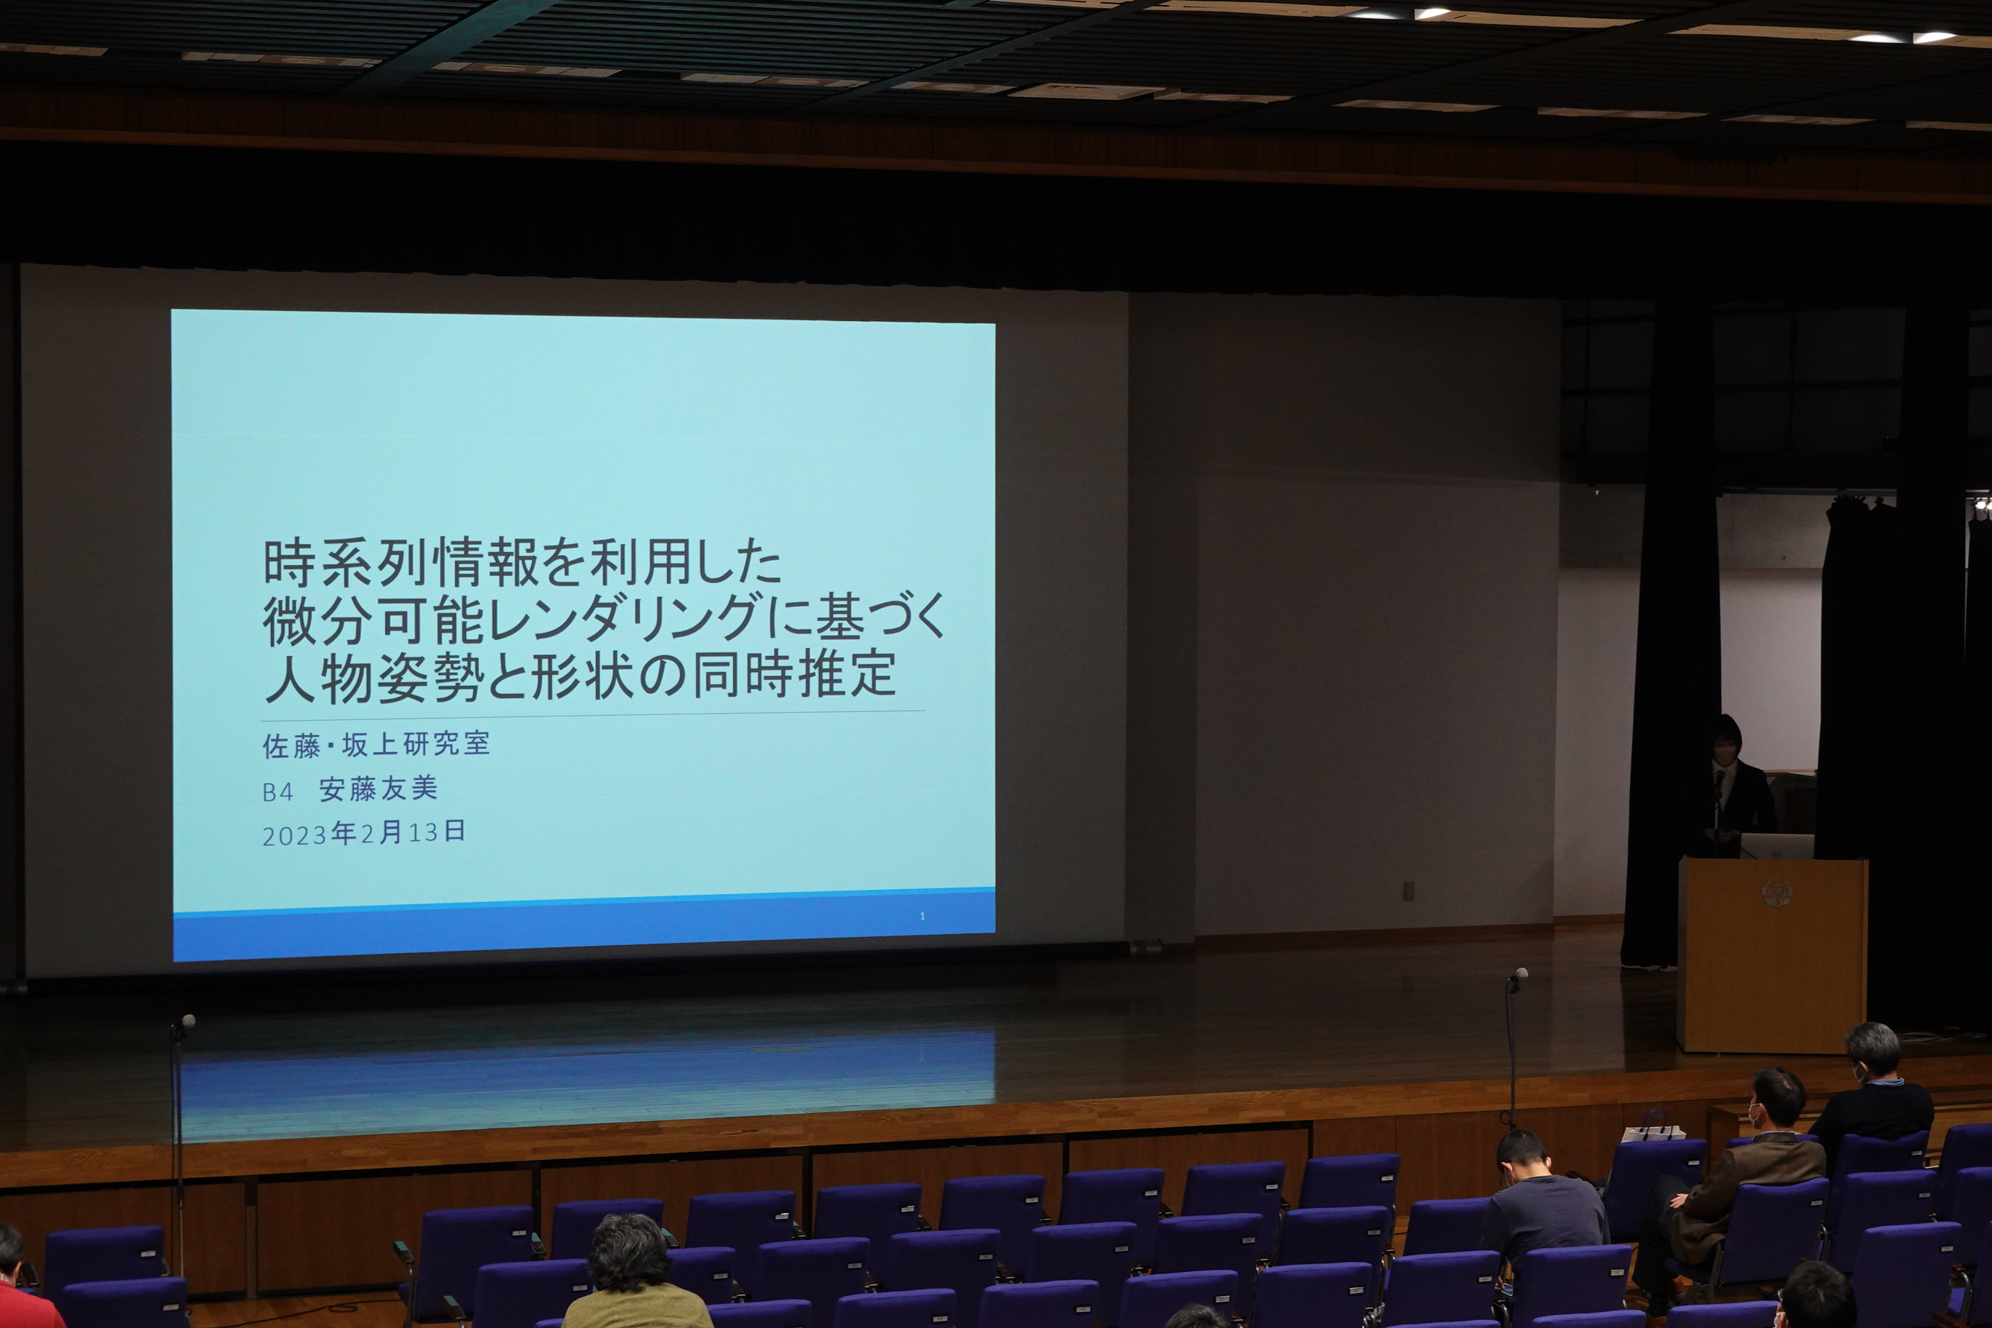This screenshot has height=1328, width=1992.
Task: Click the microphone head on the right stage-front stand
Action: tap(1521, 975)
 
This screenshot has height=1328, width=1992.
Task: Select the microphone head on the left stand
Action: tap(188, 1021)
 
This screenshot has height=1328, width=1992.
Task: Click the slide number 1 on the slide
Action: tap(922, 917)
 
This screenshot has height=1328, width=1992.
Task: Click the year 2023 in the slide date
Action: tap(295, 836)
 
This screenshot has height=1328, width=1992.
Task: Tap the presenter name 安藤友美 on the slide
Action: tap(378, 789)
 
